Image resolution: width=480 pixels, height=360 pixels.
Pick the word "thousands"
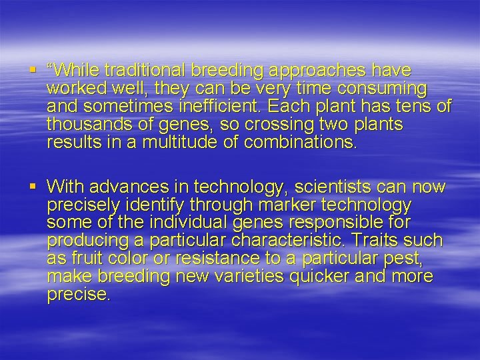point(83,124)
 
